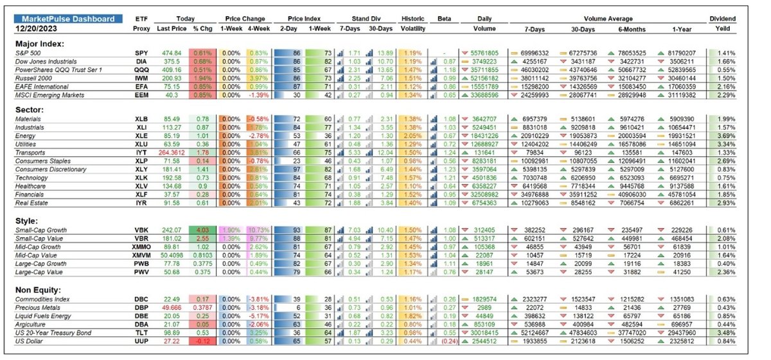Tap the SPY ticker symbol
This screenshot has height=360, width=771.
141,52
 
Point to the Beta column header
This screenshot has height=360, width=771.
443,19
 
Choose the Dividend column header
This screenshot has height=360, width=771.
723,19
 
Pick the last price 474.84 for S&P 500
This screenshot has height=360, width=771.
172,52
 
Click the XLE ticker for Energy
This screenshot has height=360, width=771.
141,136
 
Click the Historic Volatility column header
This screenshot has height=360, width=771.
411,24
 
